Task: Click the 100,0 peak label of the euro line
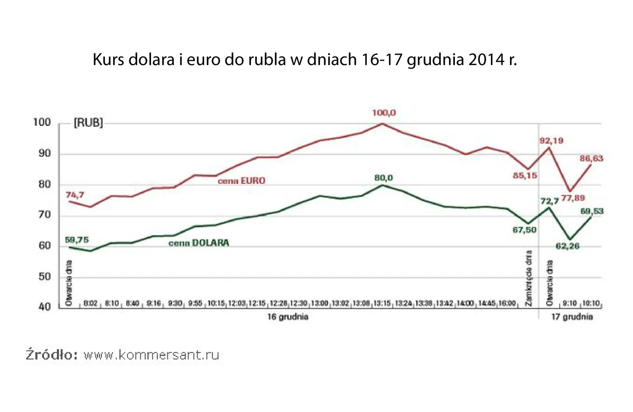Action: coord(383,113)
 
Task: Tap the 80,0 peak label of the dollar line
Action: coord(383,178)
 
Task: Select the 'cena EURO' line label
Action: coord(241,181)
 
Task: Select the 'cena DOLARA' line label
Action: coord(198,243)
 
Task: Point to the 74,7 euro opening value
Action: coord(75,195)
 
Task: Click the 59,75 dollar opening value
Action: coord(76,240)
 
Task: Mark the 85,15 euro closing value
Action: coord(525,175)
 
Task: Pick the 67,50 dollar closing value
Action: coord(524,230)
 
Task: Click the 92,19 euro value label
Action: coord(551,141)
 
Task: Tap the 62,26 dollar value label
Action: coord(567,246)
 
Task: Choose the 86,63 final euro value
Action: coord(591,158)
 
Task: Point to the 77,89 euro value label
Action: coord(573,198)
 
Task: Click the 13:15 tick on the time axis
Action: coord(382,303)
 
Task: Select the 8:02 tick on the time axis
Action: coord(90,303)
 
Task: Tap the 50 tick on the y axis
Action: coord(45,277)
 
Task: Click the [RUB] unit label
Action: coord(88,123)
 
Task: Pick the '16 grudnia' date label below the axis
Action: coord(288,317)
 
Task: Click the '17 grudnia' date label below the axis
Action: coord(572,317)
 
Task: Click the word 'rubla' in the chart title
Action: coord(266,59)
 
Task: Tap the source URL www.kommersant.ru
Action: coord(151,355)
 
